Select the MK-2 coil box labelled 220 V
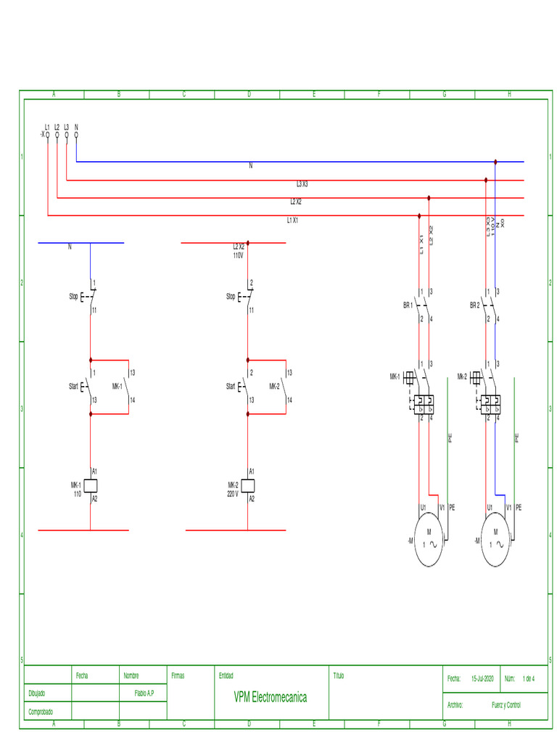pos(249,485)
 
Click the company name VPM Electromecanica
pos(270,697)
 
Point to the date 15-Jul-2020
pos(482,679)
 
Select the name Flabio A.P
pos(144,693)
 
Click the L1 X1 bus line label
pos(292,220)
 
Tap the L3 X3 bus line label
pos(302,184)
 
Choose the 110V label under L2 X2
pos(238,255)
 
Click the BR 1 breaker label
pos(408,305)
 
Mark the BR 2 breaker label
pos(474,305)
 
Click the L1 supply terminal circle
pos(47,135)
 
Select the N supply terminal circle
pos(76,135)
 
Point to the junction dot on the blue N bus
pos(495,162)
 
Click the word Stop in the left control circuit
pos(73,297)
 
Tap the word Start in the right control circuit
pos(231,387)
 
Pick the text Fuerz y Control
pos(506,705)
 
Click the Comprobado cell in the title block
pos(41,712)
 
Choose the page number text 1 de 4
pos(528,679)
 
